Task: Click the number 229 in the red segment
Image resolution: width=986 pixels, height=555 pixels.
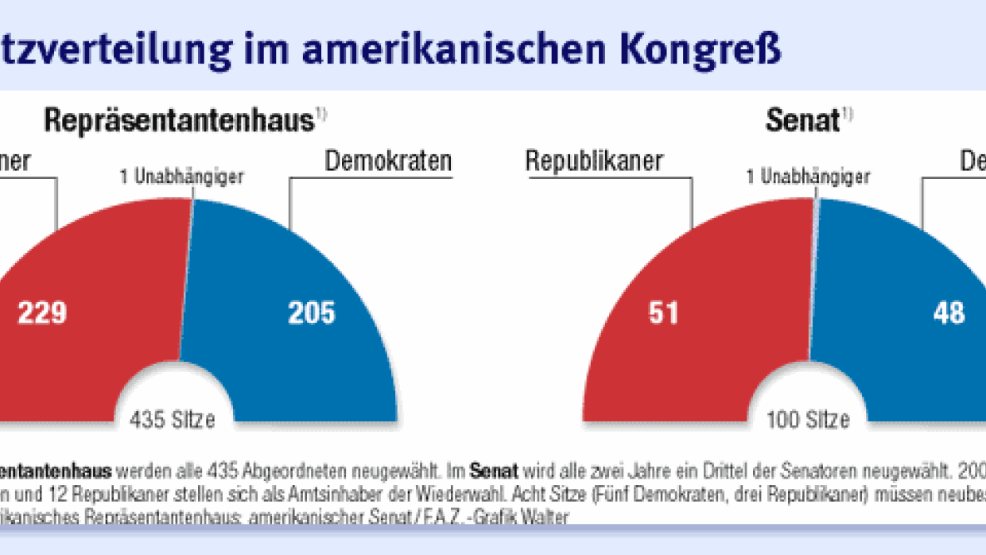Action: point(41,312)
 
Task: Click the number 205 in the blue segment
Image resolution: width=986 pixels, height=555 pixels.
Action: point(311,312)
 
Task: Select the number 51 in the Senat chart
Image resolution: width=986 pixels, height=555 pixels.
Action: point(663,312)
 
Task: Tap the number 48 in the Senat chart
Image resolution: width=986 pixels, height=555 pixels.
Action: point(949,312)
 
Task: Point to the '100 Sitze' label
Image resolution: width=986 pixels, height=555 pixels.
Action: point(808,419)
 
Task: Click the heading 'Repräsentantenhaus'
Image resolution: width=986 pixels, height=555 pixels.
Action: point(179,121)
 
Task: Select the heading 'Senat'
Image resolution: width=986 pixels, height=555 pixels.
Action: point(802,121)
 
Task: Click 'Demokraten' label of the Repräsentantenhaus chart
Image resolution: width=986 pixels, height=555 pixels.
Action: point(388,161)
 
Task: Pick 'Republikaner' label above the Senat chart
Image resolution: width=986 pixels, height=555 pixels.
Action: point(594,161)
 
